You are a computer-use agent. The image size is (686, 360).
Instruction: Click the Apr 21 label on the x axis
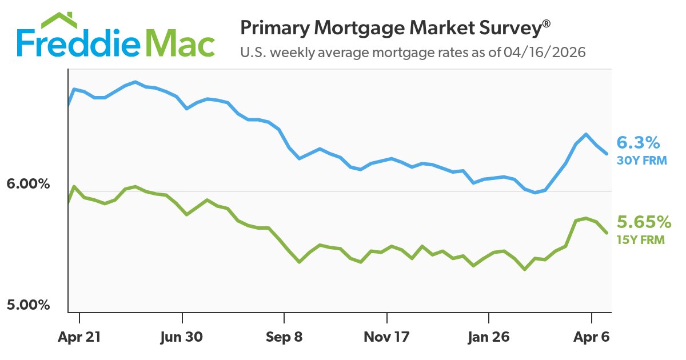point(79,337)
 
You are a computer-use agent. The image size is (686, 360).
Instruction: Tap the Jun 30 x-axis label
point(182,337)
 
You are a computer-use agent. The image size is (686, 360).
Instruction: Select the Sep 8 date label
point(284,337)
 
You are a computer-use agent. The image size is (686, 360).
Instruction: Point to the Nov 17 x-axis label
point(386,337)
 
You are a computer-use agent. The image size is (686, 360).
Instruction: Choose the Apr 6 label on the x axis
point(591,337)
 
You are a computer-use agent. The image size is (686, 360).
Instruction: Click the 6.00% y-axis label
point(29,185)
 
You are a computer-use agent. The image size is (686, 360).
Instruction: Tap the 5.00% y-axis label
point(29,305)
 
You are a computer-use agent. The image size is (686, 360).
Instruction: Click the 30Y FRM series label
point(641,161)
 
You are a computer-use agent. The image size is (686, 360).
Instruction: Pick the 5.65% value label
point(643,221)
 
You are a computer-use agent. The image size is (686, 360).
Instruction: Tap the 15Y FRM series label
point(640,241)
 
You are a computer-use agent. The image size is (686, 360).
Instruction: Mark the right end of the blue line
point(607,154)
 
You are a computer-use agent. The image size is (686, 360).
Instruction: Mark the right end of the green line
point(607,233)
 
